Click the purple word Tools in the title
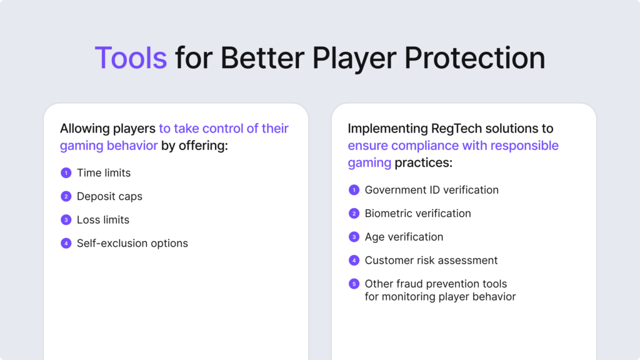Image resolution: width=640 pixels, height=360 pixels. (x=131, y=58)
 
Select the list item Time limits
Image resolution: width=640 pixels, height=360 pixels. (x=104, y=172)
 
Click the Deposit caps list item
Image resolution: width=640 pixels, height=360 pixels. (x=109, y=196)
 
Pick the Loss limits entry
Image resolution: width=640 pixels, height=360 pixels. (x=103, y=220)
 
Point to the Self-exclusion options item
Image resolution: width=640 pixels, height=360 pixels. (x=132, y=243)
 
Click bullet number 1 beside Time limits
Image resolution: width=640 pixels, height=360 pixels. (x=66, y=173)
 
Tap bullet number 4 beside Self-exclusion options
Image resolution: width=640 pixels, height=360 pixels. (x=66, y=244)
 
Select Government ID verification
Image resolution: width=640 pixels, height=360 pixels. (x=432, y=189)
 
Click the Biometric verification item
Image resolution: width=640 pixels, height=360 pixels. (x=418, y=213)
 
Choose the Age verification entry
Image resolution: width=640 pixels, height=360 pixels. (x=404, y=237)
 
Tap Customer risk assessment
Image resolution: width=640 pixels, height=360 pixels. (x=431, y=260)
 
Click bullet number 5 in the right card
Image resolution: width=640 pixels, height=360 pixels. (x=354, y=284)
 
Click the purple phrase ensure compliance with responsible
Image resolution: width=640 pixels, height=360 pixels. (x=453, y=146)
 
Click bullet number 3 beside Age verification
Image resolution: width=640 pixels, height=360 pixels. (x=354, y=237)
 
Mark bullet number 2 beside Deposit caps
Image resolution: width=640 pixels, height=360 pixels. (x=66, y=197)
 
